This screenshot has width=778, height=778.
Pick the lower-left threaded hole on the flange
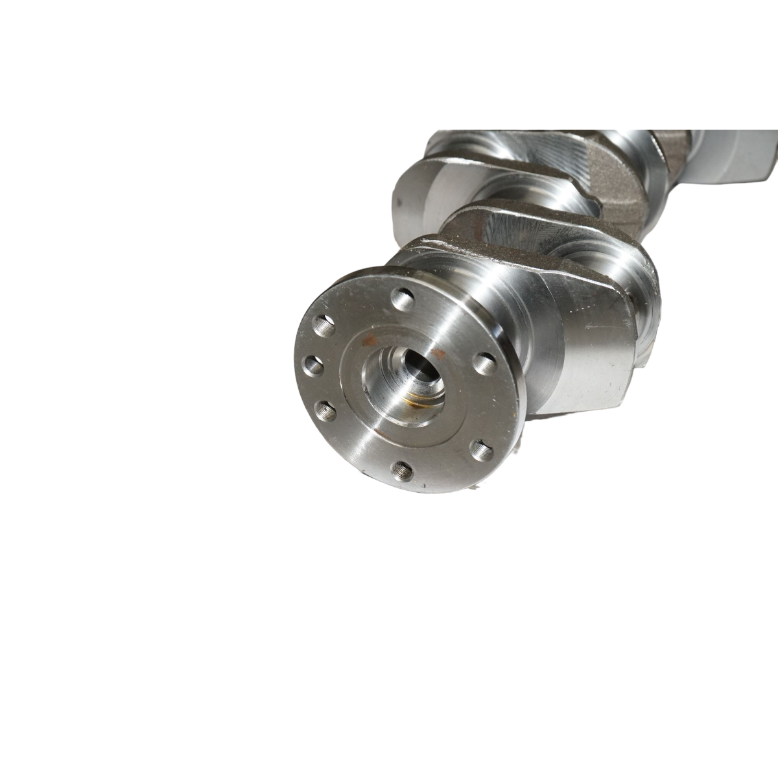(x=324, y=409)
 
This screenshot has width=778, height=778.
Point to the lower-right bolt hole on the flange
(x=480, y=449)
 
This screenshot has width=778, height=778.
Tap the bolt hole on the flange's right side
(x=484, y=362)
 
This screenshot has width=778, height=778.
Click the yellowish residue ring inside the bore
(x=407, y=393)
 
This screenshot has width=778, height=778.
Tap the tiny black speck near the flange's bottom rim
(x=422, y=486)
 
